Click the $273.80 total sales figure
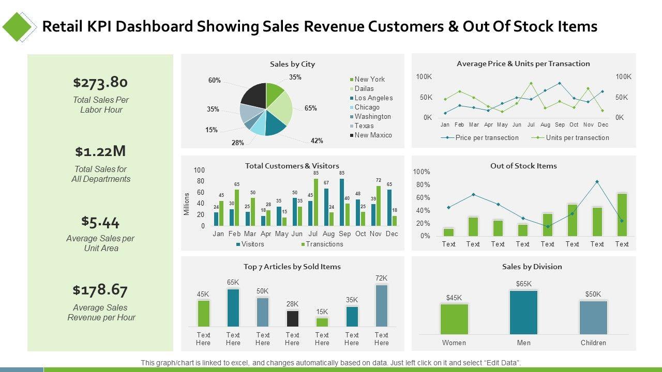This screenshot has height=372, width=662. coord(100,82)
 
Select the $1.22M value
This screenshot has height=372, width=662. coord(100,151)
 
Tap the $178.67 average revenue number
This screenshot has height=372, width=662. coord(100,290)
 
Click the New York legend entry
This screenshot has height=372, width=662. coord(369,79)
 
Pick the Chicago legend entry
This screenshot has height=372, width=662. coord(367,107)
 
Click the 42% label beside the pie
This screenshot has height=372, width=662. coord(317,141)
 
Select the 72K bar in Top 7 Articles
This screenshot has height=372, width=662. coord(381,305)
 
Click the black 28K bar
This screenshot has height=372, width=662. coord(292,318)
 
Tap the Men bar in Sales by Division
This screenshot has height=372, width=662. coord(523,312)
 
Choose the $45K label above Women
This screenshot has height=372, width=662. coord(454,297)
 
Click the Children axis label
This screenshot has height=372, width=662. coord(593,343)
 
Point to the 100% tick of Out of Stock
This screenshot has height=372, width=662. coord(422,172)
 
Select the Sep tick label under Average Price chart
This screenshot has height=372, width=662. coord(560,125)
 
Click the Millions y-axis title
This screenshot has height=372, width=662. coord(187,204)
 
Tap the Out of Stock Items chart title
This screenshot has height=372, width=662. coord(523,166)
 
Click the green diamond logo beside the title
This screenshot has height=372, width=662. coord(19,26)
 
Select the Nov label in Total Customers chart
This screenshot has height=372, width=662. coord(375,234)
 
